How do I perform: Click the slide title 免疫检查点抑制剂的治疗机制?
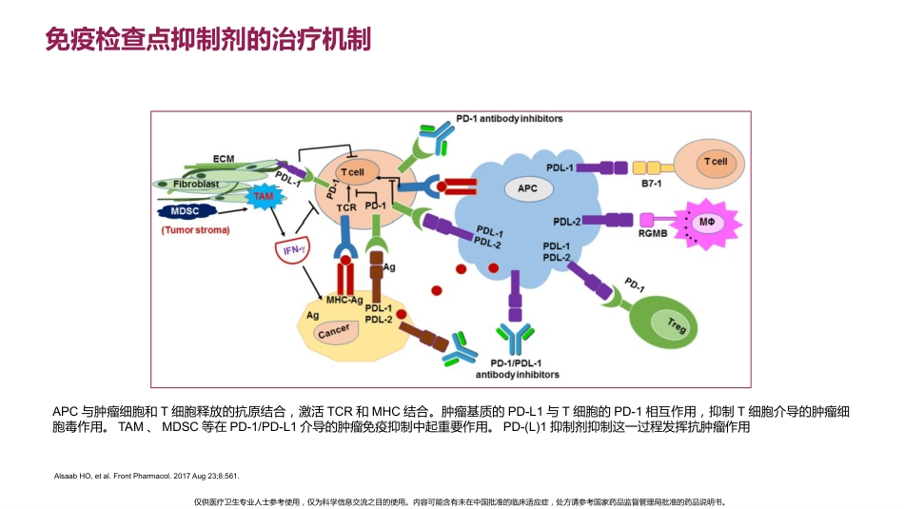tap(207, 39)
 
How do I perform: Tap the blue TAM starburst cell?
tap(265, 197)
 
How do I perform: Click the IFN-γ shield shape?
tap(292, 250)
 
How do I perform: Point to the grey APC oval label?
tap(527, 188)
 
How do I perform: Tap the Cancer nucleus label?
tap(334, 331)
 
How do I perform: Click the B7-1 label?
tap(652, 184)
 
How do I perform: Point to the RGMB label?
tap(653, 233)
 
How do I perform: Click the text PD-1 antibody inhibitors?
tap(509, 119)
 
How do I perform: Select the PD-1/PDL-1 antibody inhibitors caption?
tap(517, 369)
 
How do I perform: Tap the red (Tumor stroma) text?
tap(195, 230)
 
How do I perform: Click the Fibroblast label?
tap(196, 184)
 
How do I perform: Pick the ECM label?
tap(224, 159)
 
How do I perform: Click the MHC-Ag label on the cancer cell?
tap(344, 300)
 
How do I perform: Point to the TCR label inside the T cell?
tap(346, 207)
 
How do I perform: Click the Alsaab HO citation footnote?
tap(147, 476)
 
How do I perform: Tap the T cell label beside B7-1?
tap(716, 162)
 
